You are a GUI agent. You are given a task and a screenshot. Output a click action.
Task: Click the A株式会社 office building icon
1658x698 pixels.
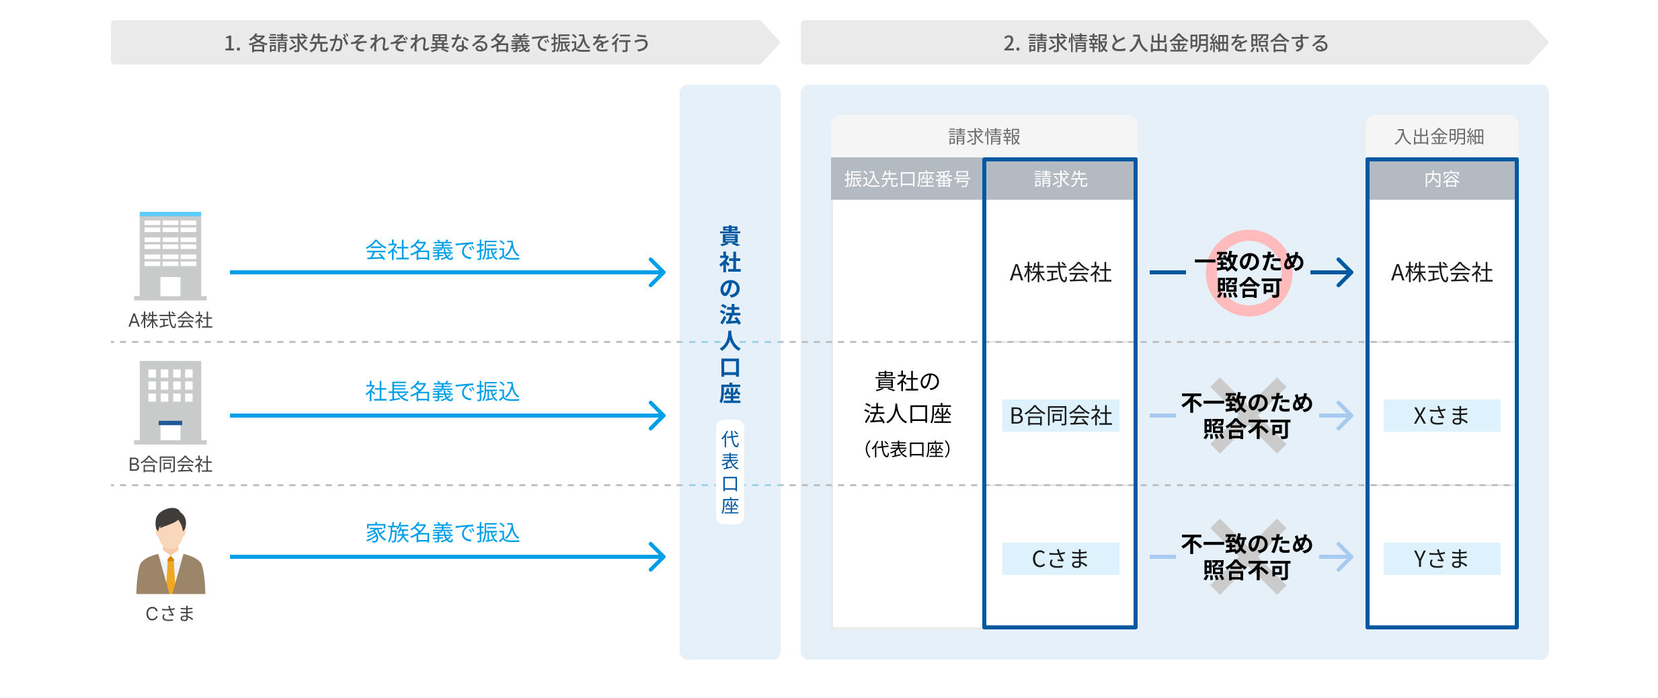pos(170,256)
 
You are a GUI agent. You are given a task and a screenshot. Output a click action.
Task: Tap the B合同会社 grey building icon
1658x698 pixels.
pos(170,402)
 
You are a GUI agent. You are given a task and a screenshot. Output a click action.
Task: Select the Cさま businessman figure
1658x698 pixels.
pos(171,551)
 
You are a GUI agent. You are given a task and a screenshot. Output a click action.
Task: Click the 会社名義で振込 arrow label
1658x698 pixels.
pos(442,250)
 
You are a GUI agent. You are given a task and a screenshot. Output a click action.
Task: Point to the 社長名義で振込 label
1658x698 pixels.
pos(442,391)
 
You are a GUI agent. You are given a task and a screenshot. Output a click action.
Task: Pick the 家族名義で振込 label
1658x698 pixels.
pos(442,533)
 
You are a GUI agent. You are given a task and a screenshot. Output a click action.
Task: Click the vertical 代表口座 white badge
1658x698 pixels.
pos(729,472)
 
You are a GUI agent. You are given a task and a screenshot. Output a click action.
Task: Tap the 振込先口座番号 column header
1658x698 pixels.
pos(907,179)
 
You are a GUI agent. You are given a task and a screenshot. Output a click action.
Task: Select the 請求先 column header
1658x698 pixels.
pos(1060,179)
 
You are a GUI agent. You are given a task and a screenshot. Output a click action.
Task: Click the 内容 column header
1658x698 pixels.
pos(1442,179)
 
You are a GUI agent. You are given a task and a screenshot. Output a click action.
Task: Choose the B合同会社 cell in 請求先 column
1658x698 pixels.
pos(1060,416)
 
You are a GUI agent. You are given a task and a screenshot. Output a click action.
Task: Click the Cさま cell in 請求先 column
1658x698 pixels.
pos(1060,559)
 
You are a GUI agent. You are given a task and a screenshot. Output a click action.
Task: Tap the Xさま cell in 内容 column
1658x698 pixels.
pos(1442,416)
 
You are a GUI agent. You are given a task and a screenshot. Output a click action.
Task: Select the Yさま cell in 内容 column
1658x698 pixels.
pos(1442,559)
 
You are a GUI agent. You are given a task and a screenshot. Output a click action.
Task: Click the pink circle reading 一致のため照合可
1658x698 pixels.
pos(1249,274)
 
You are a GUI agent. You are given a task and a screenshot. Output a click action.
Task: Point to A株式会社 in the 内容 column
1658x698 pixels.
pos(1442,272)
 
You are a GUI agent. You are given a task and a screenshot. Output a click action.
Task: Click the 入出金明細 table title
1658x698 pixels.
pos(1439,137)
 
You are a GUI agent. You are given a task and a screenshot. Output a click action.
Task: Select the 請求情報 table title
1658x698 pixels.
pos(984,137)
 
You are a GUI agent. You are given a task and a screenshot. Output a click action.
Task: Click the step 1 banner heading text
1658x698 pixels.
pos(437,43)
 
